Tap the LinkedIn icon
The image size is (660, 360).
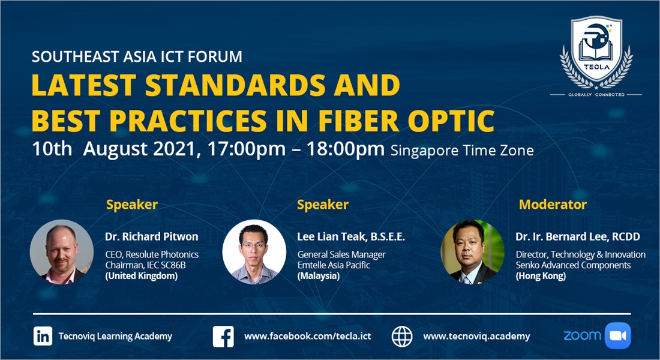43,336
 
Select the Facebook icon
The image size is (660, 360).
223,337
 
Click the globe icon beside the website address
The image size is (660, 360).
402,337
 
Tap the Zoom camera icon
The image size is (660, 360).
618,335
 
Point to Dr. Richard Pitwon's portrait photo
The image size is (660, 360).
62,252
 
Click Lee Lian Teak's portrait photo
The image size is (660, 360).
254,252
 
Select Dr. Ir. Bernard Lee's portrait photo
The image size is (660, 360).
472,252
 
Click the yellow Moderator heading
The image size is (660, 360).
553,205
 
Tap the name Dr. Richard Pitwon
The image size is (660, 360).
152,236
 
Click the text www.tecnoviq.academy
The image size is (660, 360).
476,336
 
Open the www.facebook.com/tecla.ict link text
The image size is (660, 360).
308,336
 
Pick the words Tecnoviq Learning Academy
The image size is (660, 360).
115,336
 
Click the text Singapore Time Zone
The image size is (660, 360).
462,151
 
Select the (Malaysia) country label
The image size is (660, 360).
319,276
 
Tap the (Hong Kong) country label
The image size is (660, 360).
541,276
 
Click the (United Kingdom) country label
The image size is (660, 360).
142,276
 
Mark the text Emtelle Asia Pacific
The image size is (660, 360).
334,265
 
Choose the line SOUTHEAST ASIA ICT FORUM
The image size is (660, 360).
137,56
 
